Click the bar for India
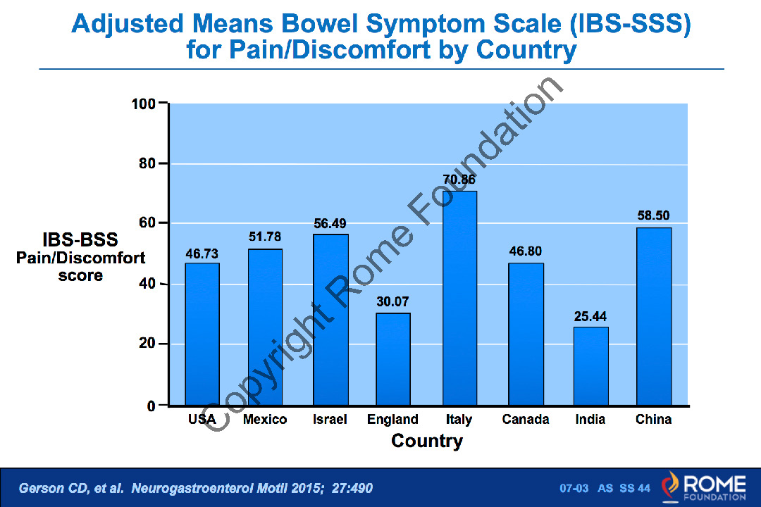coord(590,366)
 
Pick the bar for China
coord(654,316)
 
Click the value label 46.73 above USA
coord(202,254)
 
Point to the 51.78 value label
coord(265,237)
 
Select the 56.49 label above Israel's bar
coord(330,224)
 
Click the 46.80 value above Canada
coord(525,251)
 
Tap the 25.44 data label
coord(590,316)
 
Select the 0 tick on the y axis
coord(152,406)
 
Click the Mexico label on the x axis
coord(265,420)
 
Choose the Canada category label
coord(526,420)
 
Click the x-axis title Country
coord(427,442)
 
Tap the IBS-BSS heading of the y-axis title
coord(80,240)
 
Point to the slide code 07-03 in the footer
coord(574,488)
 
